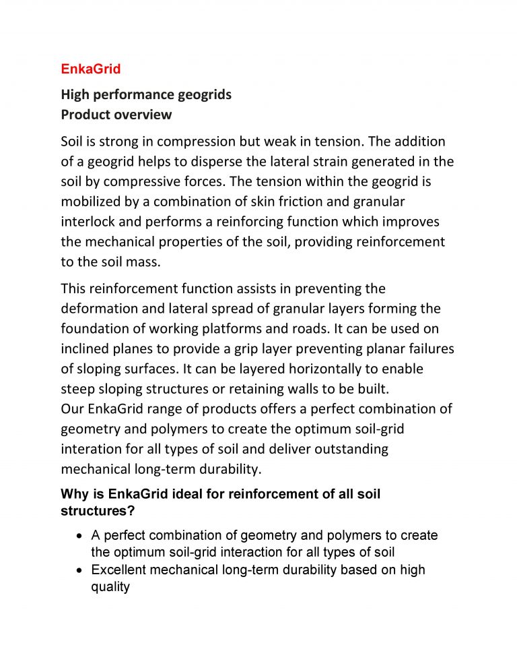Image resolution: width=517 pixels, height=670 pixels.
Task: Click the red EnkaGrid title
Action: pyautogui.click(x=90, y=69)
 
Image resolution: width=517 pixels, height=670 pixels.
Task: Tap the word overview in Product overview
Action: pyautogui.click(x=143, y=115)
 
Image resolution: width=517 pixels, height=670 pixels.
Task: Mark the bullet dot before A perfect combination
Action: pyautogui.click(x=80, y=537)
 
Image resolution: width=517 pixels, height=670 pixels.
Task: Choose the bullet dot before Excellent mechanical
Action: pyautogui.click(x=80, y=570)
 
